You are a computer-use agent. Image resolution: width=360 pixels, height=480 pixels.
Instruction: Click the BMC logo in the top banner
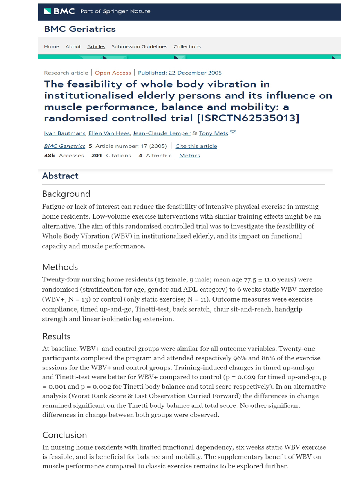coord(59,11)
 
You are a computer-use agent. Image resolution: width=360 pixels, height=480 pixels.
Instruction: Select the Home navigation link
coord(52,46)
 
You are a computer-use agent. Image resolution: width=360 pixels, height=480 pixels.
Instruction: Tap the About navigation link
coord(73,46)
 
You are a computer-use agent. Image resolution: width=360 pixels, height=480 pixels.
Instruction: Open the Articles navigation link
coord(96,46)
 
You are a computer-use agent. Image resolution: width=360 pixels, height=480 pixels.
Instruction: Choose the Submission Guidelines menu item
coord(139,46)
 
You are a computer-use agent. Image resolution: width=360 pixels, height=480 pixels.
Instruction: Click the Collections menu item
coord(187,46)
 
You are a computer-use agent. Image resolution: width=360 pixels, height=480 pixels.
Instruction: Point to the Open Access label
coord(113,73)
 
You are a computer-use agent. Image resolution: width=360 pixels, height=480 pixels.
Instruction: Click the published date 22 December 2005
coord(180,73)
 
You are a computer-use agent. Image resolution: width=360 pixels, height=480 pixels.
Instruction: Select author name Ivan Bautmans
coord(65,133)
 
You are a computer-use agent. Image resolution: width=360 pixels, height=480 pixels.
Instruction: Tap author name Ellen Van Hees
coord(109,133)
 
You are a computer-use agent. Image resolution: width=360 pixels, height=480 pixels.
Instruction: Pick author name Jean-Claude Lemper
coord(162,133)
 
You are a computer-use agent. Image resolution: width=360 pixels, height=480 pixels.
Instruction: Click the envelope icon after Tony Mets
coord(233,133)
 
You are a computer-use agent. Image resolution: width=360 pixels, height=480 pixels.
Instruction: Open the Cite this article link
coord(196,146)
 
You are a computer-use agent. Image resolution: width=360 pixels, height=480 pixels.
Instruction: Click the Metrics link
coord(189,156)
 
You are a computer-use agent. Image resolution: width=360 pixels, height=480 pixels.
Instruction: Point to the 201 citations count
coord(97,156)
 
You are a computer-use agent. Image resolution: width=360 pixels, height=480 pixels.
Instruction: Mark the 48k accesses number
coord(50,156)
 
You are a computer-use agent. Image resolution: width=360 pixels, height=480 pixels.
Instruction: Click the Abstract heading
coord(60,176)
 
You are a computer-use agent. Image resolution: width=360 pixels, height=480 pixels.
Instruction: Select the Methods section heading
coord(60,267)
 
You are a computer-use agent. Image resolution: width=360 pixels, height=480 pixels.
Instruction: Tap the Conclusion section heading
coord(64,435)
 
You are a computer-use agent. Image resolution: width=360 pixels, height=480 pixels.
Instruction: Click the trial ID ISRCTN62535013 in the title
coord(248,118)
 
